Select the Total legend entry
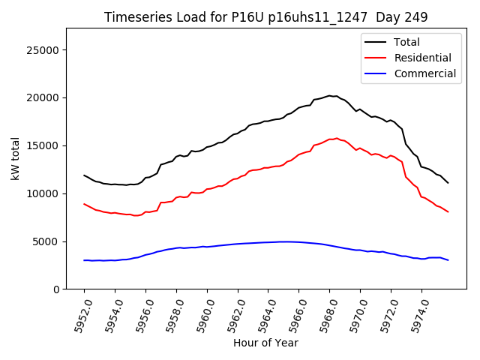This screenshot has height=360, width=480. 406,42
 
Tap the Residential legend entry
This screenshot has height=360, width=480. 422,58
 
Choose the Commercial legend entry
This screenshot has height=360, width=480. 424,73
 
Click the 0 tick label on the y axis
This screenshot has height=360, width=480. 57,289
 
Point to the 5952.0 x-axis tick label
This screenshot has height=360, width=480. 78,315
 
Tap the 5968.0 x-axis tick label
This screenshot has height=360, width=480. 323,315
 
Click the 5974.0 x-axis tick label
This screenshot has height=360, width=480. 415,315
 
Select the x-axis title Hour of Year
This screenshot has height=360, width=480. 265,343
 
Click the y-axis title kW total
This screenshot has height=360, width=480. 15,159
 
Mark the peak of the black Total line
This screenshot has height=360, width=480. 330,95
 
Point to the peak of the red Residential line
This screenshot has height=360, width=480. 337,139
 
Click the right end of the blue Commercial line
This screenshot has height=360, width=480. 448,260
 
